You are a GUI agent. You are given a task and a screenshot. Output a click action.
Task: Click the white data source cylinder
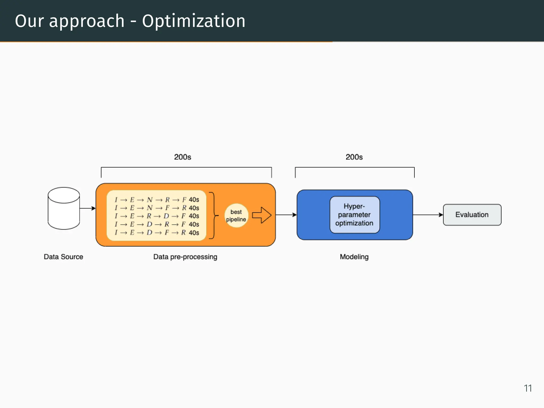[x=64, y=208]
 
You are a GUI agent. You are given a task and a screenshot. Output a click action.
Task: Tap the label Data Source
[x=63, y=257]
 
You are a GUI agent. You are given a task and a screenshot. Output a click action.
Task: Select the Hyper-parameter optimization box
[x=355, y=215]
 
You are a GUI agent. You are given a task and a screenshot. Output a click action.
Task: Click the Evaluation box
[x=472, y=215]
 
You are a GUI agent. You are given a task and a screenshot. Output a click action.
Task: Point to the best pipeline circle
[x=236, y=215]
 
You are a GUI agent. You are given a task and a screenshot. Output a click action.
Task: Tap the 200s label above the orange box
[x=182, y=157]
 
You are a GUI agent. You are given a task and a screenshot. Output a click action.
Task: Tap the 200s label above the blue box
[x=354, y=157]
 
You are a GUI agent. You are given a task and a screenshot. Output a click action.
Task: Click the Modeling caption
[x=354, y=257]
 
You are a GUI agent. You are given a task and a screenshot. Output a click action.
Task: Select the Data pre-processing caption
[x=185, y=257]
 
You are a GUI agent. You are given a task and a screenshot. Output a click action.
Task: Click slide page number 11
[x=528, y=388]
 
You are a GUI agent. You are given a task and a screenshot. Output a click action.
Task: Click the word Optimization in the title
[x=194, y=21]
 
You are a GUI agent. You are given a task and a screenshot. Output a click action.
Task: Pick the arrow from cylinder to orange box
[x=87, y=208]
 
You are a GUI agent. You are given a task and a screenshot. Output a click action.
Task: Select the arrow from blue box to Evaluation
[x=428, y=215]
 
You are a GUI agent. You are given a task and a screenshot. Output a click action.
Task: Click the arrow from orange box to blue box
[x=286, y=215]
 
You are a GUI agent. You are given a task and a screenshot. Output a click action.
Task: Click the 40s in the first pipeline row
[x=194, y=199]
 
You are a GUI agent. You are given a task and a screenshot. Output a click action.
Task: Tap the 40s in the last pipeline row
[x=194, y=233]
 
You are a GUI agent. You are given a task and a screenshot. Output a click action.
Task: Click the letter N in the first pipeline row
[x=150, y=199]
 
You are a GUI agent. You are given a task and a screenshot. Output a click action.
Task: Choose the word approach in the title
[x=87, y=21]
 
